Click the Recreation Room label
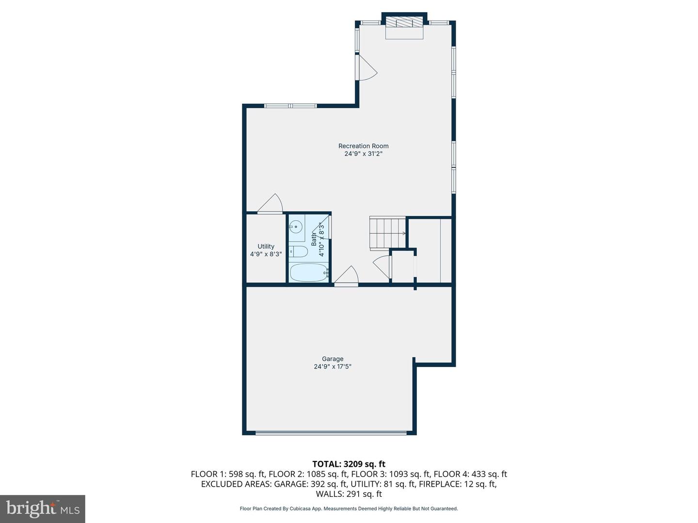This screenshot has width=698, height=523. [x=363, y=146]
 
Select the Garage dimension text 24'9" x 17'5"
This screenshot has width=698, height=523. [x=333, y=367]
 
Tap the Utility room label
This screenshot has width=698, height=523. [x=266, y=246]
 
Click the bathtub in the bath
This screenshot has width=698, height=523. [x=309, y=273]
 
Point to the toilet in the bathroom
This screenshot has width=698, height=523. [x=298, y=251]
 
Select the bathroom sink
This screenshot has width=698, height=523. [x=296, y=226]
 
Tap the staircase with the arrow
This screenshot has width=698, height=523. [x=387, y=233]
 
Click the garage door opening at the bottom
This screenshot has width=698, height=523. [x=331, y=432]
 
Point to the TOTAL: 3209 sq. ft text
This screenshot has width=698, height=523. [x=349, y=464]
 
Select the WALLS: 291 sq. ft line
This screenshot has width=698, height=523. [x=349, y=494]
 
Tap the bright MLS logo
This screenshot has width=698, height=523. [x=43, y=508]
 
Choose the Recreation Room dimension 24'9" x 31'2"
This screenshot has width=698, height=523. [x=363, y=154]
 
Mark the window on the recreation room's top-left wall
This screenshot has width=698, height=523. [x=290, y=106]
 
